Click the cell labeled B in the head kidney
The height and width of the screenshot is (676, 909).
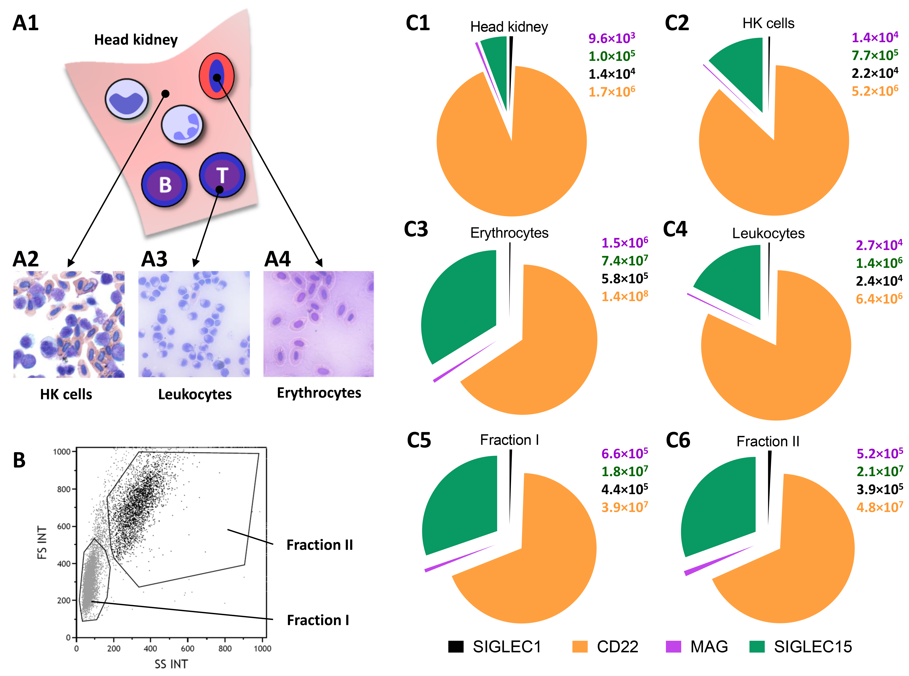(164, 184)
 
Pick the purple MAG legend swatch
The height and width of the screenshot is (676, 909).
(673, 646)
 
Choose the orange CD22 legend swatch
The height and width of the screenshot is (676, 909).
(580, 646)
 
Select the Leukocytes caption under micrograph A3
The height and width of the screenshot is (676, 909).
(195, 395)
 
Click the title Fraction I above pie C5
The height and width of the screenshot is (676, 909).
(509, 440)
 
